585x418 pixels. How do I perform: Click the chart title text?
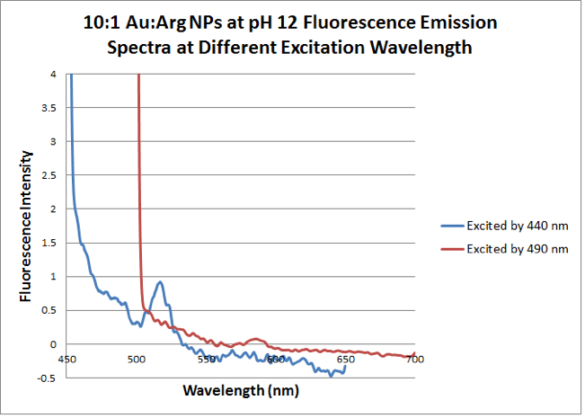[291, 33]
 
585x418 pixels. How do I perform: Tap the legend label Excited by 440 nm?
[518, 225]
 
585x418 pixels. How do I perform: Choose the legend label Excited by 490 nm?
[518, 248]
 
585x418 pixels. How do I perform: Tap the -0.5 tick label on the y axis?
[50, 378]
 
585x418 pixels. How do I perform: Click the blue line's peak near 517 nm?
[160, 282]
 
